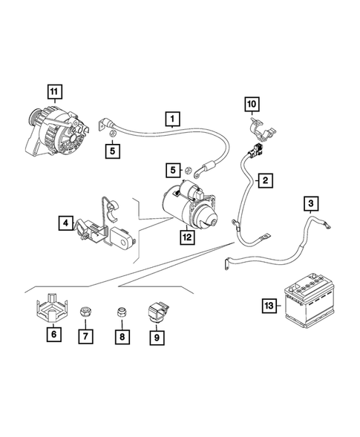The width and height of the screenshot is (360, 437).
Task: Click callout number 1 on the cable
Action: (x=172, y=118)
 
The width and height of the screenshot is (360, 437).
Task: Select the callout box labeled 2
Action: (x=264, y=180)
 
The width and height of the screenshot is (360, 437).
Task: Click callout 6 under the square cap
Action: (x=53, y=335)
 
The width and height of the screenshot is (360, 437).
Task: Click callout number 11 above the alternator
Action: (x=53, y=92)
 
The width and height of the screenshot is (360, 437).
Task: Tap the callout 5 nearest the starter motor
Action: (x=172, y=171)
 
